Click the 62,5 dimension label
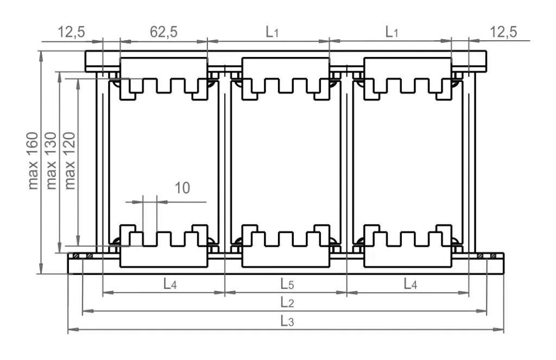(x=164, y=32)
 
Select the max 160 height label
(x=34, y=161)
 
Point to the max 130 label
(x=52, y=161)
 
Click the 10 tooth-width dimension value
(x=182, y=188)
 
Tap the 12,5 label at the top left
(x=72, y=32)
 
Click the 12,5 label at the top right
(x=503, y=32)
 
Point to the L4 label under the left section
(x=170, y=283)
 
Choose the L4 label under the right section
(x=410, y=283)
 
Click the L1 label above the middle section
(x=272, y=32)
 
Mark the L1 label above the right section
(x=392, y=32)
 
